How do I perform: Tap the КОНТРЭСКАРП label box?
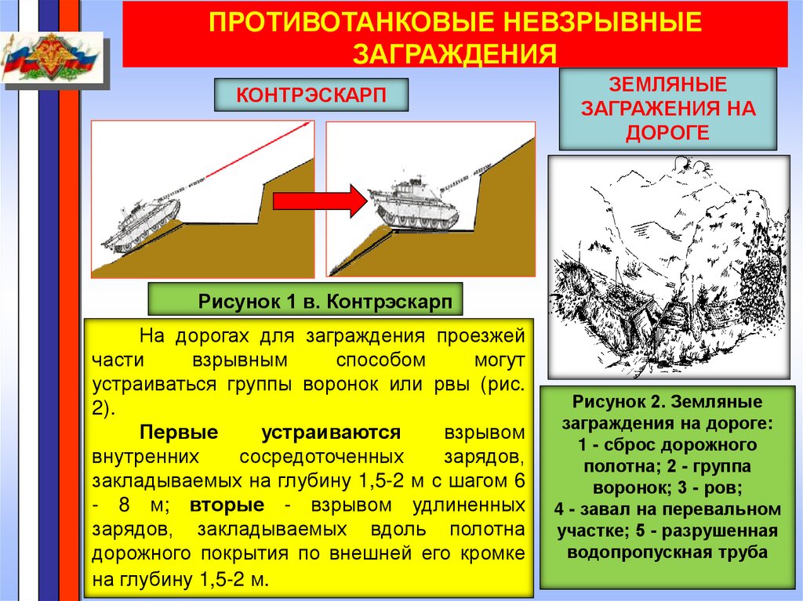click(312, 95)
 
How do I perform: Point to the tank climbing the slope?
click(141, 227)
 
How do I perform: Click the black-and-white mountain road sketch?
click(668, 266)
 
